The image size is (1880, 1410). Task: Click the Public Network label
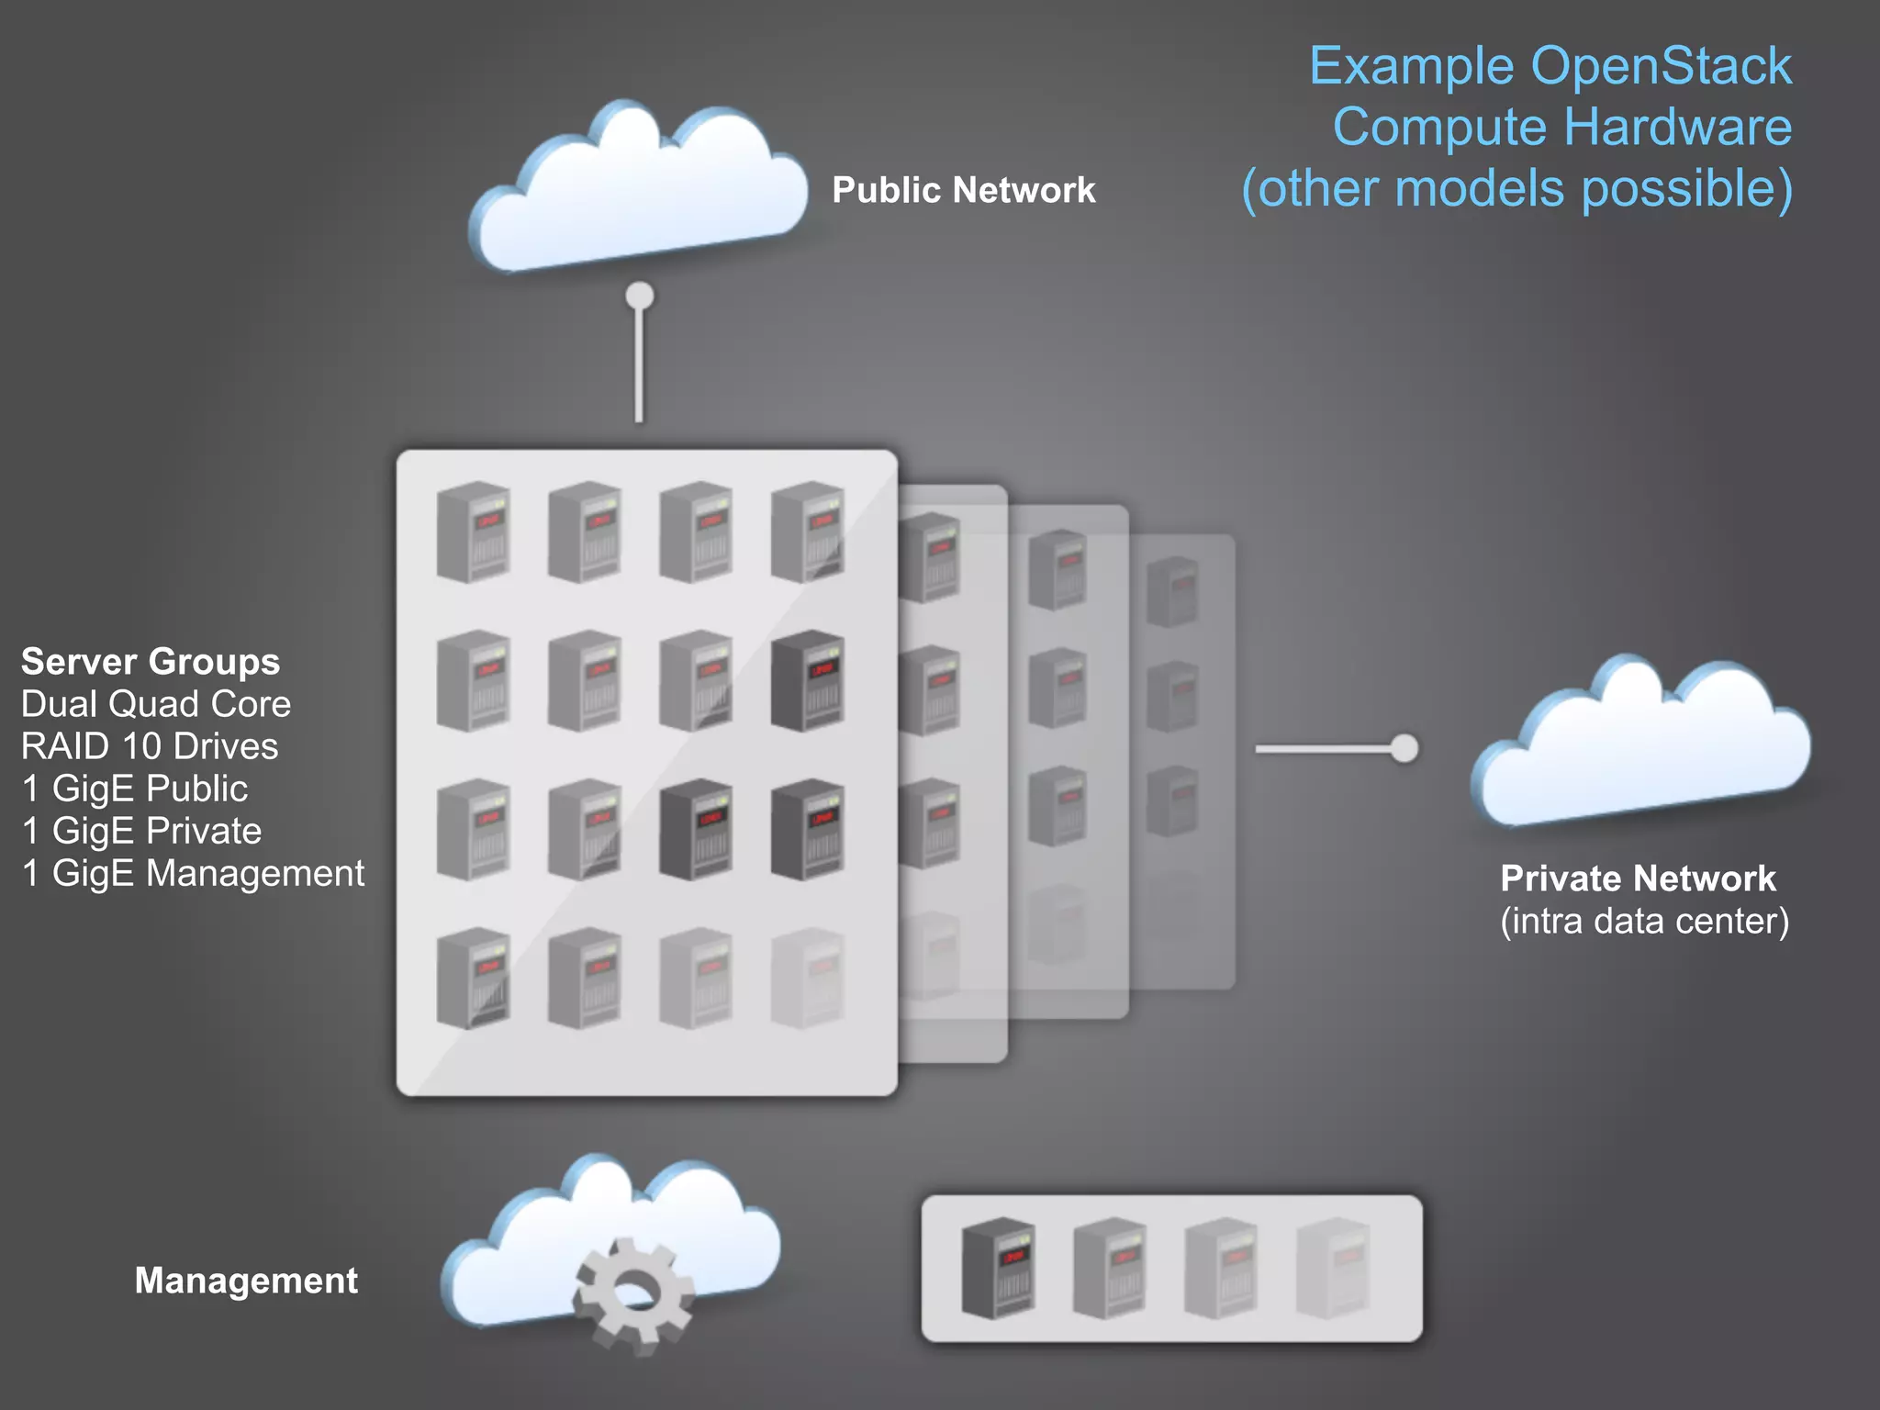pos(963,190)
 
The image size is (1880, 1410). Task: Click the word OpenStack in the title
pos(1661,66)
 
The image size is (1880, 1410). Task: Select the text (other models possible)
pos(1516,188)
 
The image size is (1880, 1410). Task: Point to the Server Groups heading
pos(151,662)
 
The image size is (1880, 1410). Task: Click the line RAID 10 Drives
pos(150,746)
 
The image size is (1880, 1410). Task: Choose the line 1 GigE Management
pos(193,873)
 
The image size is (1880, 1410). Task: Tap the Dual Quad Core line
pos(156,704)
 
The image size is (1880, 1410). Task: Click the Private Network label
pos(1638,878)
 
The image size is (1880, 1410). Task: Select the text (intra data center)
pos(1644,921)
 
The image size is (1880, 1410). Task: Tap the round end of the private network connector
pos(1404,748)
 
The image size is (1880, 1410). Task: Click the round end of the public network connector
pos(640,297)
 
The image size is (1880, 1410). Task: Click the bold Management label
pos(246,1281)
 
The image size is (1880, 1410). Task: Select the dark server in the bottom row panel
pos(998,1269)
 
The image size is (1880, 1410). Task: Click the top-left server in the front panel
pos(474,532)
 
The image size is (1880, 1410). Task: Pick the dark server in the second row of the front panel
pos(807,680)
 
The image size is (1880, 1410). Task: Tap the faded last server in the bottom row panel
pos(1332,1269)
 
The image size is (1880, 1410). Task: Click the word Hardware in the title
pos(1676,127)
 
